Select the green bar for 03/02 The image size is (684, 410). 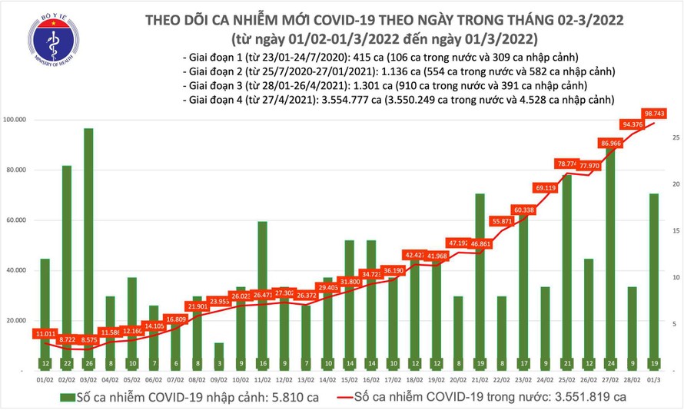coord(89,246)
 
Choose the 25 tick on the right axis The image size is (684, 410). coord(674,137)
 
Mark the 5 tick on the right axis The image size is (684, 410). coord(674,325)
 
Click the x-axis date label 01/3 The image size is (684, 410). coord(653,379)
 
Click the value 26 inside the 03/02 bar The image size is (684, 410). coord(89,362)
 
